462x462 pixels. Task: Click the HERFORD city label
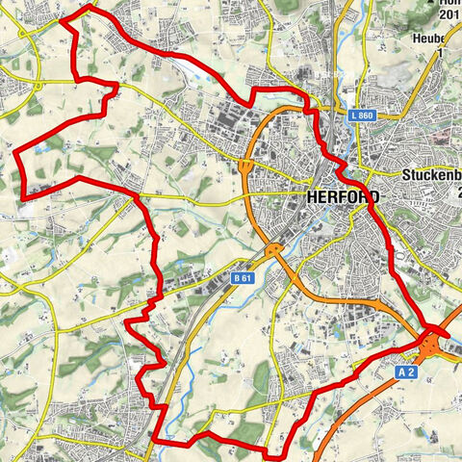342,195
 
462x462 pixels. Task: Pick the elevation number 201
449,14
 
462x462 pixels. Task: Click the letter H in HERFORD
311,195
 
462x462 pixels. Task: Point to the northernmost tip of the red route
91,7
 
